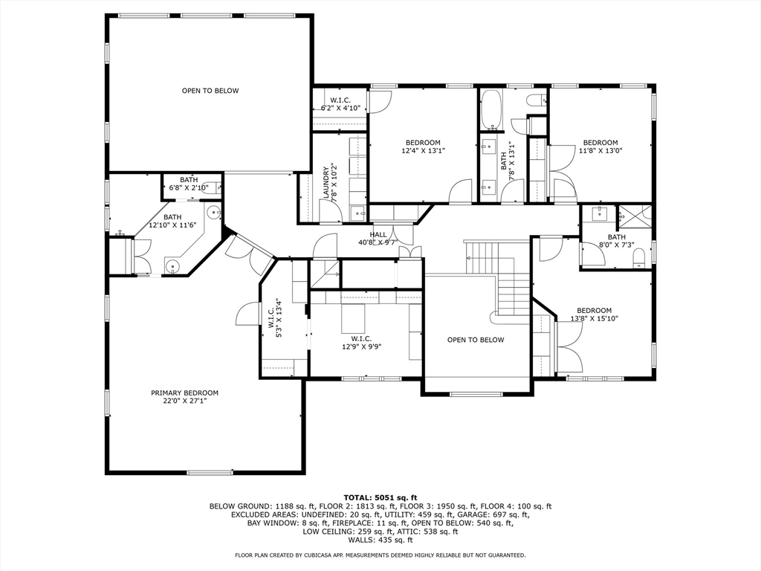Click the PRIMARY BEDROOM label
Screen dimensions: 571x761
[184, 393]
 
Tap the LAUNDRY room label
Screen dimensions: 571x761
[326, 183]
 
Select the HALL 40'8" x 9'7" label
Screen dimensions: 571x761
[378, 238]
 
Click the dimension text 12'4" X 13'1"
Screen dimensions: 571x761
[423, 151]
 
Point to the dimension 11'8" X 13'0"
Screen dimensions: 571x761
[600, 151]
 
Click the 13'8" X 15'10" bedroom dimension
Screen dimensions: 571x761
[594, 319]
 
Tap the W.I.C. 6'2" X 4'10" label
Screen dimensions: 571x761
[340, 104]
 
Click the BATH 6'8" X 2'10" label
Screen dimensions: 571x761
[188, 184]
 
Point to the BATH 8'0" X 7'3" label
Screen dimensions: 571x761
[616, 241]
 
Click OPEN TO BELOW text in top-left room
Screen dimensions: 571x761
[210, 91]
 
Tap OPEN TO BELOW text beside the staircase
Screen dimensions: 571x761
[476, 340]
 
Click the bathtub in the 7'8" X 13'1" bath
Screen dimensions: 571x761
[490, 111]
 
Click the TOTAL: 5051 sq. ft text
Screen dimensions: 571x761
[380, 497]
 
